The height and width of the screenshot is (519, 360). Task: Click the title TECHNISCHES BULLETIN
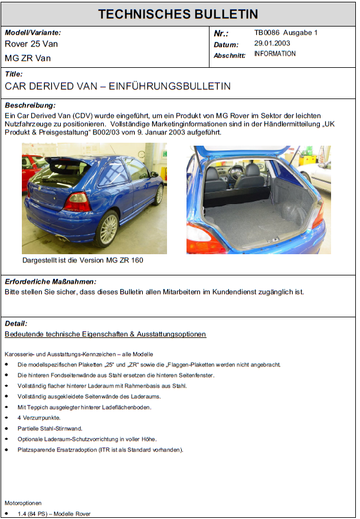[178, 14]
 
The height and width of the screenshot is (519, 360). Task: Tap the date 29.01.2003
[272, 44]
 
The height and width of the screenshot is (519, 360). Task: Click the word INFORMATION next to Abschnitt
[275, 54]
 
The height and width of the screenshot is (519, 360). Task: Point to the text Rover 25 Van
[31, 44]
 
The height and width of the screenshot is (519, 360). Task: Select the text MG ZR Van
[28, 58]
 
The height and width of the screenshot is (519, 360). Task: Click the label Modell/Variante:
[32, 33]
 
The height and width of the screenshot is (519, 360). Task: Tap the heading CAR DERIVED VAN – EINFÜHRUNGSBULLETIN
[117, 86]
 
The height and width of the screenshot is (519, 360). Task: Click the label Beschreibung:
[30, 105]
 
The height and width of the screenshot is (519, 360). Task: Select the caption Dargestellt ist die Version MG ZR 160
[83, 260]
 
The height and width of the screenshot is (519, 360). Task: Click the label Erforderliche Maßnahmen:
[50, 282]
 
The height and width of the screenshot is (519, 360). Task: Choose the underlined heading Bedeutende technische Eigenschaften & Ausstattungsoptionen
[105, 334]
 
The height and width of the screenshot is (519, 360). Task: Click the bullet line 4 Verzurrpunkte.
[39, 418]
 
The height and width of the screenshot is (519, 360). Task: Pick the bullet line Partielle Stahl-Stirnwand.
[50, 429]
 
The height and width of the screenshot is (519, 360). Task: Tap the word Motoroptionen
[24, 503]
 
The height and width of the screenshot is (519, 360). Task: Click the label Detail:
[16, 324]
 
